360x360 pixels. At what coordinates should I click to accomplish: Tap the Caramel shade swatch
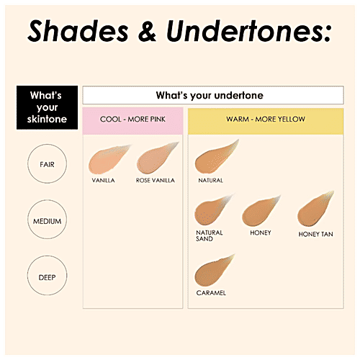pyautogui.click(x=212, y=271)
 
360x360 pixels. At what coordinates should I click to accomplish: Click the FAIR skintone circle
pyautogui.click(x=48, y=165)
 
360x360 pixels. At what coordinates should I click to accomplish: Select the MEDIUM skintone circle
pyautogui.click(x=48, y=221)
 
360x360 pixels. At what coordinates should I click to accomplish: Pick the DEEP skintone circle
pyautogui.click(x=48, y=276)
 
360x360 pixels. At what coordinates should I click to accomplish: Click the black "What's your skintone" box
pyautogui.click(x=47, y=108)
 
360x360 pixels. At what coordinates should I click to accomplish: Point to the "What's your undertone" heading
pyautogui.click(x=209, y=95)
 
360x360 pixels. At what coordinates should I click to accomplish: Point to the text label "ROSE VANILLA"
pyautogui.click(x=156, y=180)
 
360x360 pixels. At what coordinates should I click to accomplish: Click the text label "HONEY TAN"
pyautogui.click(x=315, y=235)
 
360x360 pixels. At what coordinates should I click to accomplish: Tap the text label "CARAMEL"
pyautogui.click(x=211, y=293)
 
